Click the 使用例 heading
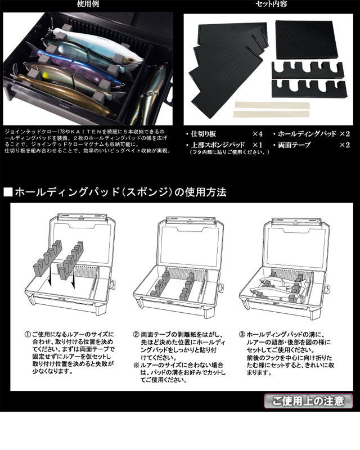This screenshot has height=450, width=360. (88, 4)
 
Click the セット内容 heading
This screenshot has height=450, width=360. (272, 4)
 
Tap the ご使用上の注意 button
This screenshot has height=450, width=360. (308, 401)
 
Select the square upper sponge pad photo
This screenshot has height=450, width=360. (306, 38)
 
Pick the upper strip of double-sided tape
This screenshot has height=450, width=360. (272, 105)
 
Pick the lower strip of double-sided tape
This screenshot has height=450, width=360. (272, 114)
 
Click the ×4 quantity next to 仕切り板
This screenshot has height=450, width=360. (258, 134)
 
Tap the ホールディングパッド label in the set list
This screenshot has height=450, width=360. (307, 134)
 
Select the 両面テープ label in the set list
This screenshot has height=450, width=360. (294, 145)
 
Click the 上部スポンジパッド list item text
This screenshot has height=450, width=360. (218, 145)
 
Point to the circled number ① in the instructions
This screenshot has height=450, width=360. (28, 335)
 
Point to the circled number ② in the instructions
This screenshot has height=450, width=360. (136, 335)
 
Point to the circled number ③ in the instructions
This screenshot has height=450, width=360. (242, 335)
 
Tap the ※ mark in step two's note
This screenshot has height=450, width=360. (136, 365)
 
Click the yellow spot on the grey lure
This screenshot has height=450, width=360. (46, 76)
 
